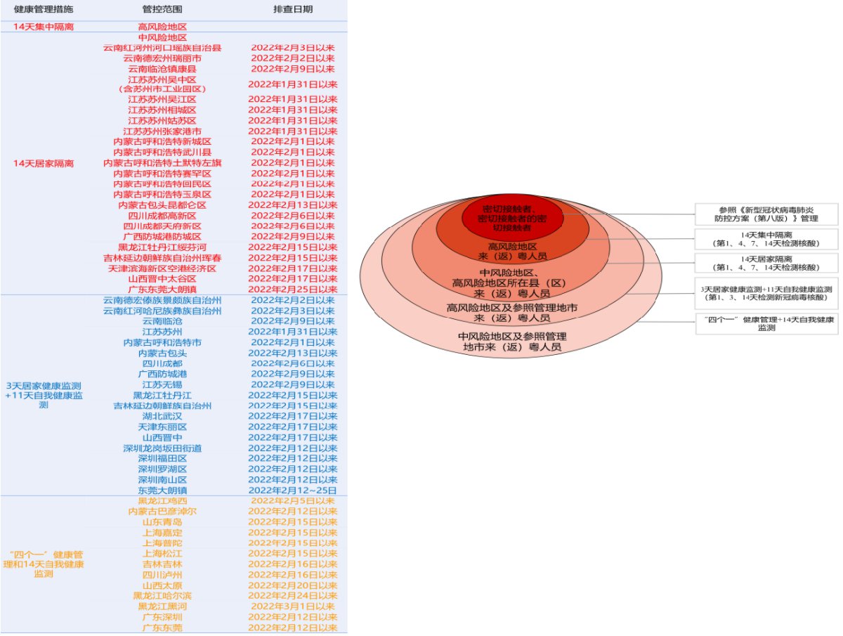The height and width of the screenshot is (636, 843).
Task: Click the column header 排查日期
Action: (x=293, y=10)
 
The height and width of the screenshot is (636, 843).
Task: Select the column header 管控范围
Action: (x=162, y=10)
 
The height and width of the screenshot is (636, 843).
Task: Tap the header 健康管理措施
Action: (x=44, y=10)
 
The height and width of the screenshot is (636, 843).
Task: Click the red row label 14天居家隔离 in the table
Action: (x=44, y=163)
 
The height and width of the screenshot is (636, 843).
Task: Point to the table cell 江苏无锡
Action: (x=162, y=384)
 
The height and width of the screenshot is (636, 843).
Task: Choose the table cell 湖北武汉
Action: (x=162, y=416)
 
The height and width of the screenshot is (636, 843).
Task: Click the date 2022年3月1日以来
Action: (x=293, y=606)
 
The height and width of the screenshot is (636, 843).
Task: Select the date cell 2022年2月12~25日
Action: (x=293, y=490)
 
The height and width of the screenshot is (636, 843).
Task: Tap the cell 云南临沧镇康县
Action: (x=162, y=69)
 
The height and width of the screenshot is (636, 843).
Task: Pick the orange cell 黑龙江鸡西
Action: (x=162, y=500)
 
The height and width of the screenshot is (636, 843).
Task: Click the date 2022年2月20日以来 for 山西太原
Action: (x=293, y=585)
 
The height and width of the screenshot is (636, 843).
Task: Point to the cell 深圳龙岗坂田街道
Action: (x=162, y=448)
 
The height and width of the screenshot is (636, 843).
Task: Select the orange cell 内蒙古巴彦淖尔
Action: (x=162, y=511)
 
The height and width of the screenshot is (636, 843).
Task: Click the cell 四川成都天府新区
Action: (x=162, y=226)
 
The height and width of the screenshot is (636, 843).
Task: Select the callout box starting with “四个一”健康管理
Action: (x=766, y=323)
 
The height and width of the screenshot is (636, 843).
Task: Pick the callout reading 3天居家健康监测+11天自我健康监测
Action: (x=766, y=293)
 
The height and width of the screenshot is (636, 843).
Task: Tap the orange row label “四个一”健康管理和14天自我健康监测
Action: (x=44, y=564)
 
